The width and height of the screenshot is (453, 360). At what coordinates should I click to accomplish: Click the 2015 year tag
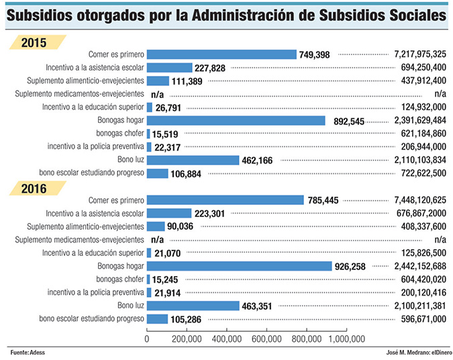(33, 43)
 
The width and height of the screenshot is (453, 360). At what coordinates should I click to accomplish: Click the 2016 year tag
(33, 189)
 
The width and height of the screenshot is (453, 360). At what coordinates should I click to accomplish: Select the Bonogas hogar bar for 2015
(236, 121)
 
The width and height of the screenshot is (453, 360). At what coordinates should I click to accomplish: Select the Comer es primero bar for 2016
(225, 199)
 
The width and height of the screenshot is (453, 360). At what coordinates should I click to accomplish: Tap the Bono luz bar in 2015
(193, 160)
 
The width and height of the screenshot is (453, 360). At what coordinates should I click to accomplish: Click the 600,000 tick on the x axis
(266, 339)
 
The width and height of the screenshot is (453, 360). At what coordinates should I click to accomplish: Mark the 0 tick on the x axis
(147, 339)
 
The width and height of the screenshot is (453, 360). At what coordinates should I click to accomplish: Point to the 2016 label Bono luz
(128, 306)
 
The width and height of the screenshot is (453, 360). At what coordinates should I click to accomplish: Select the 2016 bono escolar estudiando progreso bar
(157, 318)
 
